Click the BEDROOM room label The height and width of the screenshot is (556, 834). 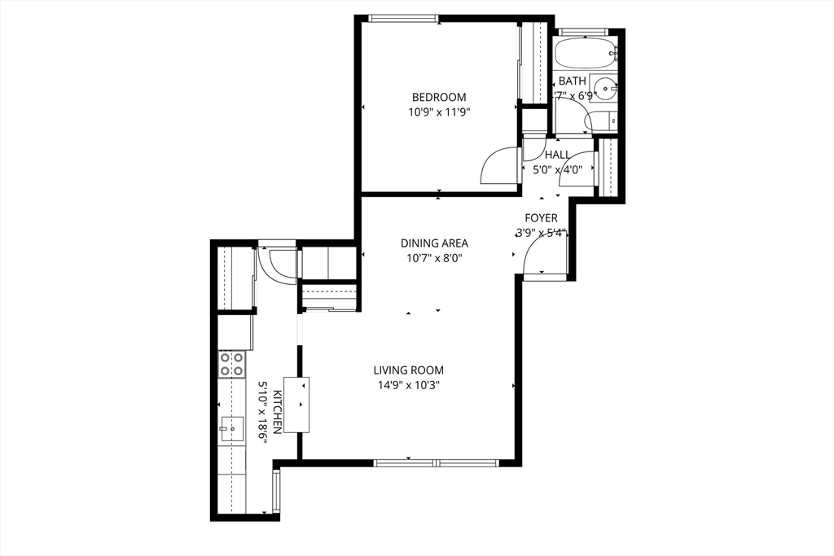tap(438, 98)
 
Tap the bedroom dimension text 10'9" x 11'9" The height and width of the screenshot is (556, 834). tap(438, 112)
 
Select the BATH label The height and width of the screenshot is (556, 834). tap(572, 81)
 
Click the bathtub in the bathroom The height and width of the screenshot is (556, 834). tap(584, 55)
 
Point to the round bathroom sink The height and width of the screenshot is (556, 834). tap(605, 88)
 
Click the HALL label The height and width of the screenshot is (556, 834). tap(557, 155)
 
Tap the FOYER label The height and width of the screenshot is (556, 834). tap(541, 218)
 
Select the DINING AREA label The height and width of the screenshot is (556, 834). tap(434, 243)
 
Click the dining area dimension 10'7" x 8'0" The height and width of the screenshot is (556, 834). tap(434, 258)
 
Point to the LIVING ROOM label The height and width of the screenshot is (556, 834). tap(409, 370)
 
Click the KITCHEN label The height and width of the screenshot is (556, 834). tap(277, 411)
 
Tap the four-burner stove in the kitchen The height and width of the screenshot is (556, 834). tap(231, 364)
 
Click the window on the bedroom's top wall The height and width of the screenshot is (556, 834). tap(404, 19)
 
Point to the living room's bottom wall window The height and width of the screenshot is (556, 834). tap(437, 463)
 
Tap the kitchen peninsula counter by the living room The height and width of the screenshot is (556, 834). tap(296, 404)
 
